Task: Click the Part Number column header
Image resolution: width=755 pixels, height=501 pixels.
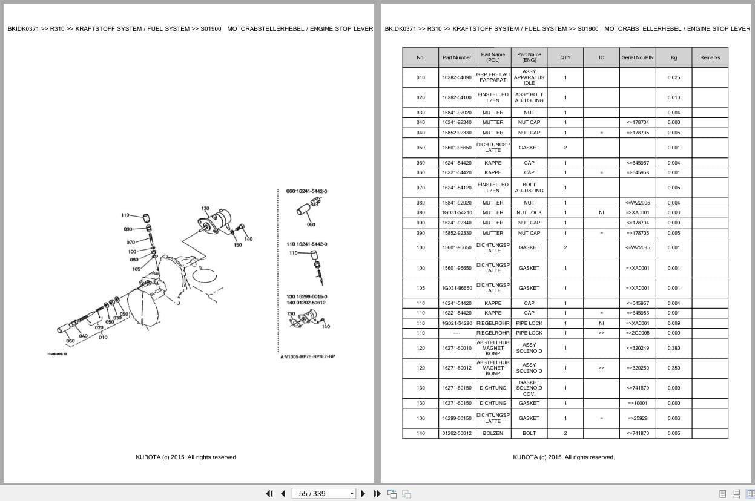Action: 457,57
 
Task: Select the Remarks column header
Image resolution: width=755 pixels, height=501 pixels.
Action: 710,57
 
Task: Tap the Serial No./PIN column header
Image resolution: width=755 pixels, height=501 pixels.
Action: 638,57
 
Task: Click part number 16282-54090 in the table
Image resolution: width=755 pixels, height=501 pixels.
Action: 457,77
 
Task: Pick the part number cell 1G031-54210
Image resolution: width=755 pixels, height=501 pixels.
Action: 457,212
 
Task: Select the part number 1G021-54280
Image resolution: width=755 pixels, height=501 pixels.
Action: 457,323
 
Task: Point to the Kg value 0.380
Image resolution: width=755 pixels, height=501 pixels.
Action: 674,348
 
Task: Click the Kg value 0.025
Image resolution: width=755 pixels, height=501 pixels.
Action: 674,77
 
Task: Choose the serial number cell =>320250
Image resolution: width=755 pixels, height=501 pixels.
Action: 638,368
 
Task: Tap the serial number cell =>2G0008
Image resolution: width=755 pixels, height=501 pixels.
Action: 638,333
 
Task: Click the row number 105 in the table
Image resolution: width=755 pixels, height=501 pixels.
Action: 421,288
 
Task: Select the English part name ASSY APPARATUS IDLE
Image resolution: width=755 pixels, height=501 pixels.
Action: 529,77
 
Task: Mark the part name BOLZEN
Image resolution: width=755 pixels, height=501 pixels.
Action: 493,433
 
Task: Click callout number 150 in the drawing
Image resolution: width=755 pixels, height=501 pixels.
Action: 238,245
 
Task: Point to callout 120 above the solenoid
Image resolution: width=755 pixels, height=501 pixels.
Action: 205,209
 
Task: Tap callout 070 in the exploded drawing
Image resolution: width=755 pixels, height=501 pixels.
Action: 130,243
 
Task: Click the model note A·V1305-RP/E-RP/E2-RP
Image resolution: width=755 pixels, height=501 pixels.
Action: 308,356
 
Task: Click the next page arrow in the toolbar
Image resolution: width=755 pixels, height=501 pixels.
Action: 363,493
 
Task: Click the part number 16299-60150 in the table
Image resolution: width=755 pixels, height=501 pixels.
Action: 457,418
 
